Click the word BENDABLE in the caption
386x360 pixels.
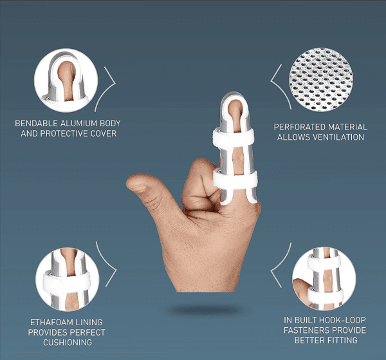pyautogui.click(x=37, y=123)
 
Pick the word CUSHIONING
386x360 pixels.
pyautogui.click(x=68, y=342)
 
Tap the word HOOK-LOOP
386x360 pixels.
pyautogui.click(x=342, y=320)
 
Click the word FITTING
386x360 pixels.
pyautogui.click(x=342, y=340)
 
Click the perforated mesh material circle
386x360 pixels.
pyautogui.click(x=321, y=80)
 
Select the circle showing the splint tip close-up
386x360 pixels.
pyautogui.click(x=66, y=80)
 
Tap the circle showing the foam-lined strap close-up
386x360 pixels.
pyautogui.click(x=67, y=279)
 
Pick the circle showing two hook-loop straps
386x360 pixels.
pyautogui.click(x=324, y=278)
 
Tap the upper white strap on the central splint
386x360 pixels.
pyautogui.click(x=234, y=138)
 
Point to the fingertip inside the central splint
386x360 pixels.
pyautogui.click(x=235, y=109)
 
